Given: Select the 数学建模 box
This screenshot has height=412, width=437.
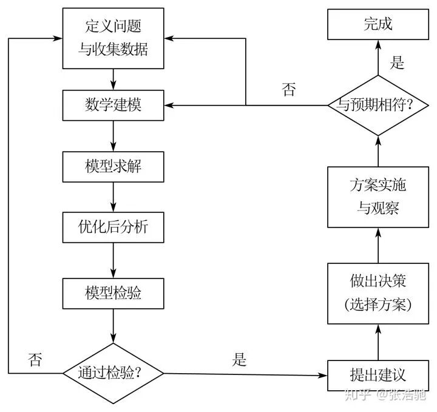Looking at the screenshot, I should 113,105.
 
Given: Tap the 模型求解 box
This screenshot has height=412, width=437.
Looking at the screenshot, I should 113,166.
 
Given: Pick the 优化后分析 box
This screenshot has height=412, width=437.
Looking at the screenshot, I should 113,228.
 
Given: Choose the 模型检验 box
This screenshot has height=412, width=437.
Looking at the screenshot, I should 113,293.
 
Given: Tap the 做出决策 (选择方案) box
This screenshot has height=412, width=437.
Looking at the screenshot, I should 378,293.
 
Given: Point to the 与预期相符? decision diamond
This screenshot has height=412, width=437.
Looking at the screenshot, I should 378,105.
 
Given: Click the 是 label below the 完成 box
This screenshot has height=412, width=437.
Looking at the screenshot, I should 397,62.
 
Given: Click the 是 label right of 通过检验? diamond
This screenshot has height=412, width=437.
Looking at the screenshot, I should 240,359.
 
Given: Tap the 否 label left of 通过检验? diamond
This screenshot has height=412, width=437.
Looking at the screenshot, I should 35,359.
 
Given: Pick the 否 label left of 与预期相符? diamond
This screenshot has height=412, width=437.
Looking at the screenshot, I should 289,90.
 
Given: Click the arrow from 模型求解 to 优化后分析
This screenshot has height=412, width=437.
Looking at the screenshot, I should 113,197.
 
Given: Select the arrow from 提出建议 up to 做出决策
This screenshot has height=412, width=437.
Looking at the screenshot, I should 378,342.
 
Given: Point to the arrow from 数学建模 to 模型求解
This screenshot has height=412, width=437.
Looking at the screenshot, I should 113,135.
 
